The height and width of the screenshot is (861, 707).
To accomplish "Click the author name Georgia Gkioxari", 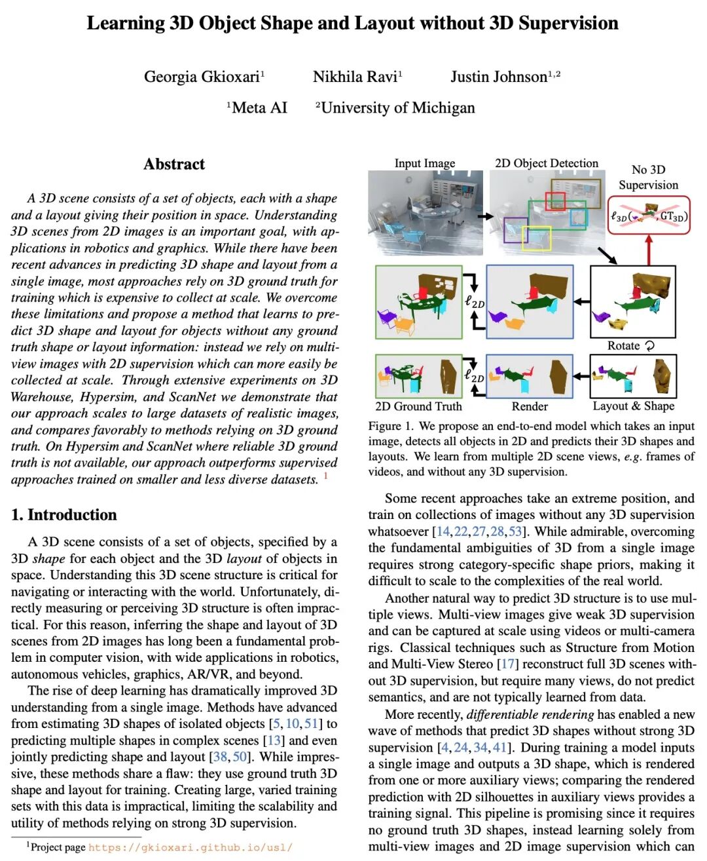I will [x=202, y=77].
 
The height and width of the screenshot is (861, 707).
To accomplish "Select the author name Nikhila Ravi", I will [x=355, y=77].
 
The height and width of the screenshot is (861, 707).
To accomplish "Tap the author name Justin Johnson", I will [x=499, y=77].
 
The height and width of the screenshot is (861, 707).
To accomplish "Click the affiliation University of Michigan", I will [x=398, y=107].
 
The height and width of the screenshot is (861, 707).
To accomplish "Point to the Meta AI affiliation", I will [x=259, y=107].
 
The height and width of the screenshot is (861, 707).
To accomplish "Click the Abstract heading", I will [x=174, y=164].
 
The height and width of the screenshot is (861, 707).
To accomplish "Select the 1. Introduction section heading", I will [x=64, y=514].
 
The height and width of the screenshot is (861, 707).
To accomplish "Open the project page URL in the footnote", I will [x=190, y=847].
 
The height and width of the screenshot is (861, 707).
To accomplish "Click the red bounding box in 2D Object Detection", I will [x=555, y=201].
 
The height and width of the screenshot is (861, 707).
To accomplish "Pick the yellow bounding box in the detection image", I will [x=536, y=238].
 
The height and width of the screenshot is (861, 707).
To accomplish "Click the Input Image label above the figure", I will [x=424, y=163].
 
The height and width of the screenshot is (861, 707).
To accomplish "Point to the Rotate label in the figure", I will [x=624, y=345].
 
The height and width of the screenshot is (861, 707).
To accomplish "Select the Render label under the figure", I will [x=530, y=406].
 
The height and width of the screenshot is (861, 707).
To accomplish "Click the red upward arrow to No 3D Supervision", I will [x=649, y=250].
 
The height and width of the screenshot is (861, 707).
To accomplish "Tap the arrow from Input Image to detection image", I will [x=485, y=216].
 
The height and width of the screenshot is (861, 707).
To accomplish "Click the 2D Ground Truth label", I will [x=418, y=406].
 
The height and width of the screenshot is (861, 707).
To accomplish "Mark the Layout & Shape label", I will [x=633, y=406].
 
